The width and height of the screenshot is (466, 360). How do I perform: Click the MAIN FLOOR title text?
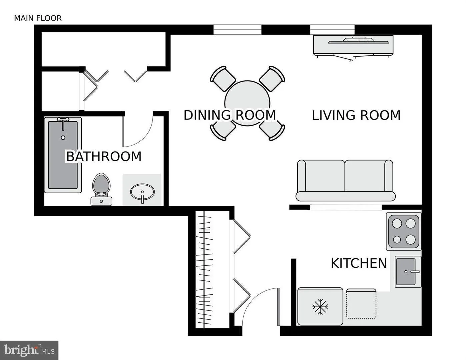coord(38,18)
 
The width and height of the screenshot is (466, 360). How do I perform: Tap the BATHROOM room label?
coord(104,156)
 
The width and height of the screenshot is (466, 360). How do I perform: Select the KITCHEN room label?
coord(359,263)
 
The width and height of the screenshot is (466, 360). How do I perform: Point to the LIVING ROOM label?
coord(356,115)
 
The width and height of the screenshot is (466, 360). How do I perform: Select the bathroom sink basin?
coord(142,192)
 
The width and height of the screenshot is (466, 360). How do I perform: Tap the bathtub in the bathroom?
coord(63,155)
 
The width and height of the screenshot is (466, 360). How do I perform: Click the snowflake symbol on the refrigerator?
coord(320,307)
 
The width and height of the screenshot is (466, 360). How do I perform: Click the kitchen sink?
coord(408,272)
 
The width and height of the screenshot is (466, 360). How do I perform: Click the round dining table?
coord(247,100)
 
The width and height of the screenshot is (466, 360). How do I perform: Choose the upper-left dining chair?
coord(222,79)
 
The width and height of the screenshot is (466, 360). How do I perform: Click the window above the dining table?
coord(237,30)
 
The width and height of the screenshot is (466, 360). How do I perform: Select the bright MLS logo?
coord(29,350)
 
